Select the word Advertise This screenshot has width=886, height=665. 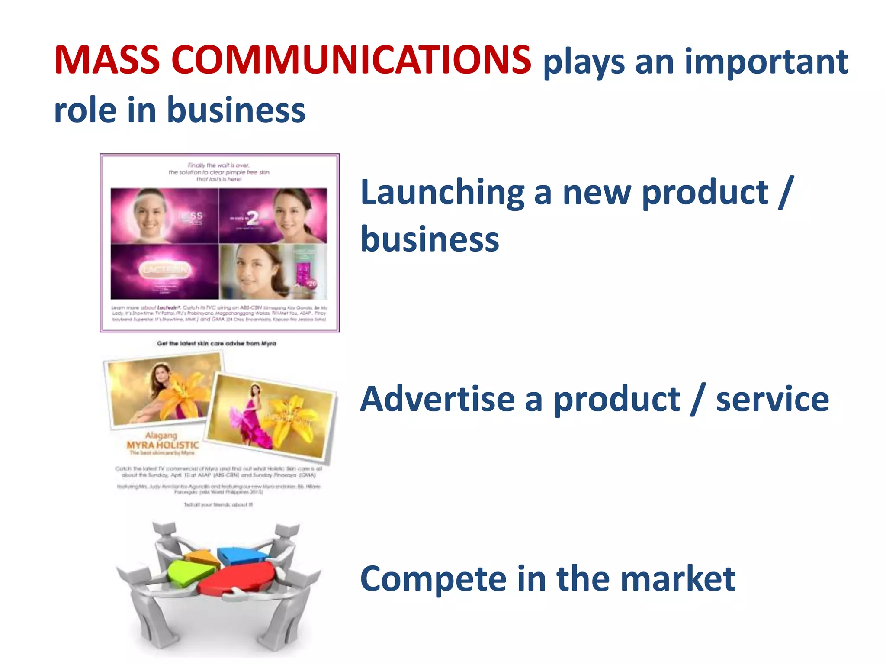pyautogui.click(x=437, y=399)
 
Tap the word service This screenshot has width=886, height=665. pyautogui.click(x=772, y=399)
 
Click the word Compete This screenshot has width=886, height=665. pyautogui.click(x=433, y=579)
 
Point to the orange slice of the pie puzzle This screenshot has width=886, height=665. pyautogui.click(x=202, y=556)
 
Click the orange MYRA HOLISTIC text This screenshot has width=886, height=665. pyautogui.click(x=163, y=445)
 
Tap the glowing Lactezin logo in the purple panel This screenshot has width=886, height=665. pyautogui.click(x=164, y=269)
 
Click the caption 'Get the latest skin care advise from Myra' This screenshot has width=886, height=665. pyautogui.click(x=216, y=343)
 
